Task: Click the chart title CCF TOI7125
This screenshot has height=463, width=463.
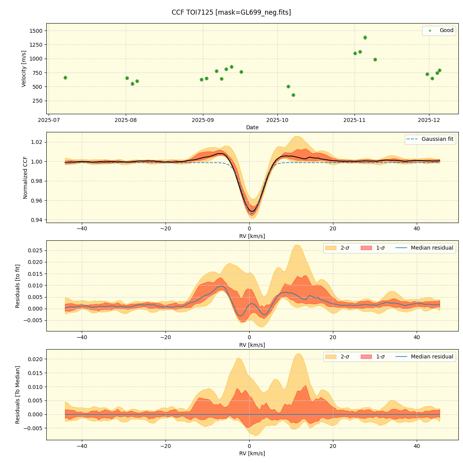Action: [x=231, y=12]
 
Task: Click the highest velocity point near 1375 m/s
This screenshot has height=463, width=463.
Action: [x=365, y=37]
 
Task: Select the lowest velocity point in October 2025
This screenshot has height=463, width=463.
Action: [x=293, y=95]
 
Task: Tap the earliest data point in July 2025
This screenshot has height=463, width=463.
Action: [x=65, y=78]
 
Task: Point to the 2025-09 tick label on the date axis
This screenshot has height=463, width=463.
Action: [x=203, y=120]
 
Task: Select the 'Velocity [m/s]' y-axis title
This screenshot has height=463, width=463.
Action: [x=24, y=69]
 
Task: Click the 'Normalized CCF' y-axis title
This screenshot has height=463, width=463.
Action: [x=25, y=177]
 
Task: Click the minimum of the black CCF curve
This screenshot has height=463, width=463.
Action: [x=252, y=211]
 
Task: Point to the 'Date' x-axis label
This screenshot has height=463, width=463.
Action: [x=252, y=127]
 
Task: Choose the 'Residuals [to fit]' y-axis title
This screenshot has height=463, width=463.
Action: [x=18, y=286]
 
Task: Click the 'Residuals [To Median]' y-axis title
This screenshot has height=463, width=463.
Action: [x=18, y=394]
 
